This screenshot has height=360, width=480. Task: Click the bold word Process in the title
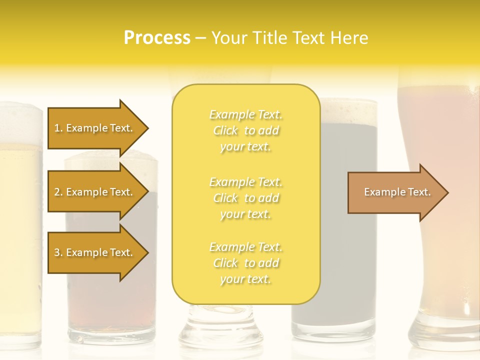point(157,38)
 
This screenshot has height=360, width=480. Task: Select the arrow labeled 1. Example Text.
point(95,128)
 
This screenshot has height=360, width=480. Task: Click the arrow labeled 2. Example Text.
point(95,192)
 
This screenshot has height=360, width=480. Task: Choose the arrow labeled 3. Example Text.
point(95,252)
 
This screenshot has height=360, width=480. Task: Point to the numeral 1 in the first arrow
point(57,128)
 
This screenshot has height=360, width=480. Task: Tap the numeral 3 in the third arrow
point(57,252)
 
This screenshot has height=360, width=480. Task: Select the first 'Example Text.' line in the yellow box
point(246,115)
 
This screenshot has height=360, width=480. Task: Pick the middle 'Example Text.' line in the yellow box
point(246,182)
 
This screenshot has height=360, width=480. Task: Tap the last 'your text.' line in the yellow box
point(246,279)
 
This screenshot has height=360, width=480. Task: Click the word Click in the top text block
point(225,131)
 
